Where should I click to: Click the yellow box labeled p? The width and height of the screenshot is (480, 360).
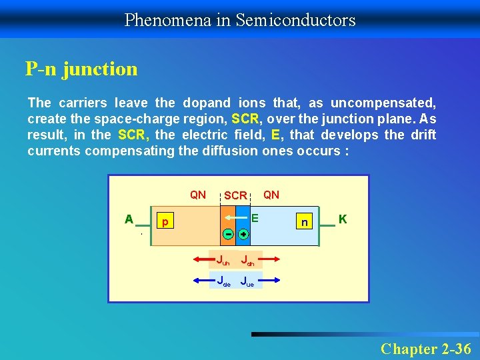pyautogui.click(x=165, y=221)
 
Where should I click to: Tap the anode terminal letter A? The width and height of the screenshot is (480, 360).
pyautogui.click(x=129, y=219)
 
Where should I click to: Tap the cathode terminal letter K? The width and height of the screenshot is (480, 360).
pyautogui.click(x=342, y=219)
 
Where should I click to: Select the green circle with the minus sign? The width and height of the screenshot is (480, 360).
pyautogui.click(x=228, y=235)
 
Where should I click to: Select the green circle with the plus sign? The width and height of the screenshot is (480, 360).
pyautogui.click(x=243, y=235)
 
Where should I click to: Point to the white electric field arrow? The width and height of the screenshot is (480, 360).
pyautogui.click(x=230, y=218)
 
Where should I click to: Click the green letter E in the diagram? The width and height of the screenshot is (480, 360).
pyautogui.click(x=254, y=217)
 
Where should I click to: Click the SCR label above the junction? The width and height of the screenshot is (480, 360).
pyautogui.click(x=235, y=195)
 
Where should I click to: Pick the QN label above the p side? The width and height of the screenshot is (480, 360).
pyautogui.click(x=198, y=195)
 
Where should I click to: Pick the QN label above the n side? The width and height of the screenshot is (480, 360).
pyautogui.click(x=271, y=195)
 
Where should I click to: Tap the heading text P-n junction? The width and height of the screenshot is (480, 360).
pyautogui.click(x=81, y=69)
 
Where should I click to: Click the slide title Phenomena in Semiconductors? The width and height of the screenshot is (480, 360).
pyautogui.click(x=240, y=20)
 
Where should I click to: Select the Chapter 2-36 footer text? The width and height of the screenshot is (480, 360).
pyautogui.click(x=425, y=349)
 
